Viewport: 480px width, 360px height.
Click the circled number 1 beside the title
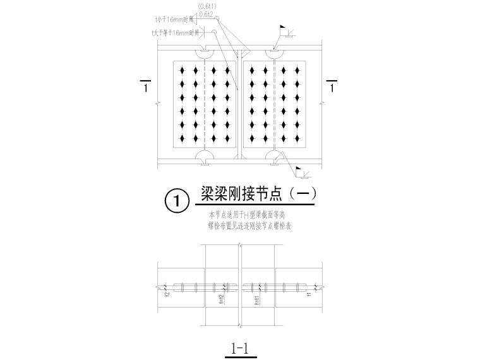(x=176, y=201)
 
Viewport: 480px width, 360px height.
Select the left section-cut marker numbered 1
(x=146, y=87)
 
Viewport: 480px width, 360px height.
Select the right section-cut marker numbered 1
(x=332, y=87)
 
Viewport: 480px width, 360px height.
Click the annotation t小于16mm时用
(x=178, y=20)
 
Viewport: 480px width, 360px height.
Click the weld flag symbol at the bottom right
(x=302, y=171)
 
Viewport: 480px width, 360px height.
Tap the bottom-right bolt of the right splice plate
(x=294, y=138)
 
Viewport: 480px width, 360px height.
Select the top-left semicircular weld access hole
(x=207, y=52)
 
